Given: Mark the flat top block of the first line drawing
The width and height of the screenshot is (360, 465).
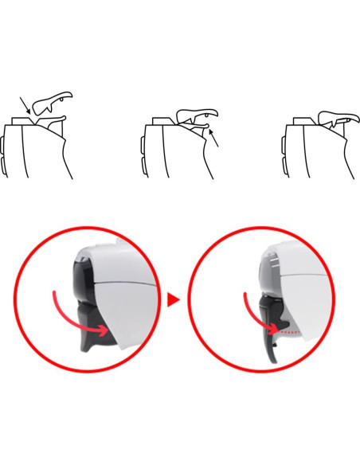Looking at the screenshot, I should coord(23,121).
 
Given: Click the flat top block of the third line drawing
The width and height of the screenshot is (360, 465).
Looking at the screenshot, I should coord(303,121).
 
